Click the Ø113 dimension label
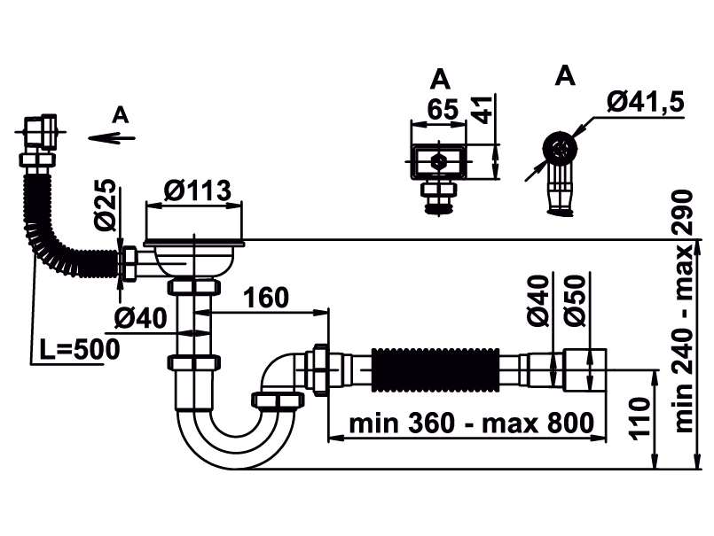(197, 190)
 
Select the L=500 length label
(78, 350)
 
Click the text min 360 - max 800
(469, 423)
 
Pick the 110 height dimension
(641, 420)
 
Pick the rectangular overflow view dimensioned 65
(438, 163)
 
